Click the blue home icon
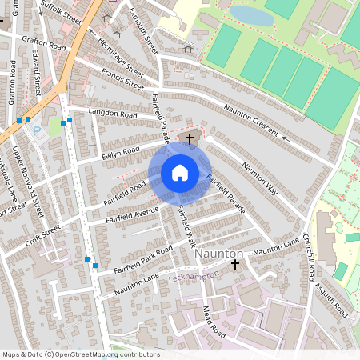click(x=180, y=173)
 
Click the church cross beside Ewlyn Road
click(x=190, y=138)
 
